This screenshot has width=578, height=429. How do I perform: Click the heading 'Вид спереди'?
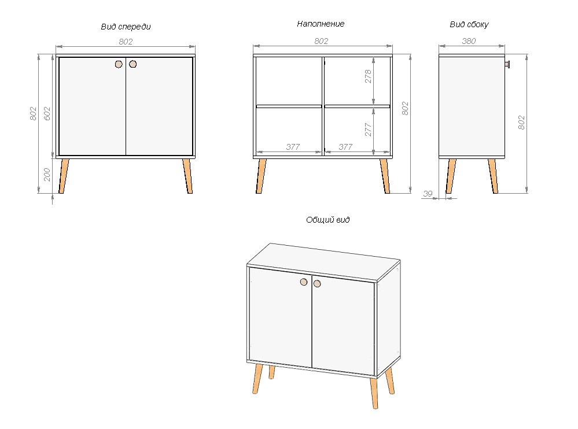click(126, 27)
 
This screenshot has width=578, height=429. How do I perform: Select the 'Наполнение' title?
click(321, 24)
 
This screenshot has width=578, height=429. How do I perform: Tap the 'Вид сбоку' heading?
click(469, 25)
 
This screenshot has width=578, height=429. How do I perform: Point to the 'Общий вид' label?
click(327, 220)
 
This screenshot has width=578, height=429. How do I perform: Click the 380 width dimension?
click(469, 41)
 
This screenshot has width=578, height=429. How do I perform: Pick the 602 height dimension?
click(47, 113)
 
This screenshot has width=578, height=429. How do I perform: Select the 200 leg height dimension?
click(47, 175)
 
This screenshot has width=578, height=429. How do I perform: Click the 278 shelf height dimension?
click(368, 76)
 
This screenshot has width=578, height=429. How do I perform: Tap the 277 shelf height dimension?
click(368, 130)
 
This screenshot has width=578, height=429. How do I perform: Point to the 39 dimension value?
click(428, 193)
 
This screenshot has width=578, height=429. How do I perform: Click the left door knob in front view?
click(119, 64)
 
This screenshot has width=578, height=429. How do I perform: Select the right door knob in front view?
click(133, 64)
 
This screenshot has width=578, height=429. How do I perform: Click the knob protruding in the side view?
click(507, 64)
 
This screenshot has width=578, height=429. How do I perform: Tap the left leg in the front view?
click(64, 176)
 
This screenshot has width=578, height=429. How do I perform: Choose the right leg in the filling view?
click(385, 176)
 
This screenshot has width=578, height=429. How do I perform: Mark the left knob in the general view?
click(304, 282)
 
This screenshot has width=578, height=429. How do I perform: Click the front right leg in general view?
click(374, 393)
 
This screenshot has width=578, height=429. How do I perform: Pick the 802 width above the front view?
click(126, 42)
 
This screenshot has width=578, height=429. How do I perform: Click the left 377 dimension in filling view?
click(293, 147)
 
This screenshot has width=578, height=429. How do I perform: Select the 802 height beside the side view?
click(521, 123)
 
